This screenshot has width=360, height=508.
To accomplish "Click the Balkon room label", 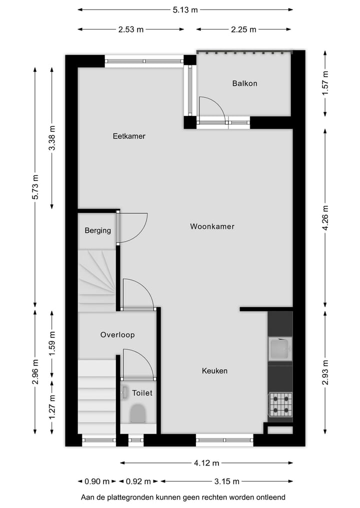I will click(x=244, y=83).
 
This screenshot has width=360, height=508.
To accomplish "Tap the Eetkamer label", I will click(x=129, y=136).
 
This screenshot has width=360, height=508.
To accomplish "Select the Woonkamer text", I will click(x=212, y=226).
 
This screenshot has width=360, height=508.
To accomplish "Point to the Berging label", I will click(x=97, y=231).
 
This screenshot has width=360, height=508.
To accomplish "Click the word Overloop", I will click(x=117, y=335).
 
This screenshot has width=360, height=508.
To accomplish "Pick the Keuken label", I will click(x=214, y=371).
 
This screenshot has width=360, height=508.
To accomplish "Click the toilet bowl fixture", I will click(x=137, y=414).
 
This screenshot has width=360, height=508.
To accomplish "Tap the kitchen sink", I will click(x=279, y=349).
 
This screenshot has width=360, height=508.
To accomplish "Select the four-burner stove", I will click(x=280, y=404).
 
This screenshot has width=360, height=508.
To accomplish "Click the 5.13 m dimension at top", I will click(x=185, y=9).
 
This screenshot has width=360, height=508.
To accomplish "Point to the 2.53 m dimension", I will click(x=131, y=29).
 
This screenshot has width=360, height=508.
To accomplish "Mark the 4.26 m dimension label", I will click(x=325, y=219).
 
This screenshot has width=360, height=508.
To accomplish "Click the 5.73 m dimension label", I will click(x=35, y=187).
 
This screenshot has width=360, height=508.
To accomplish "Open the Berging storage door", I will click(x=132, y=227).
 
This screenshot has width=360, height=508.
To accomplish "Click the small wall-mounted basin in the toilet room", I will click(x=124, y=393).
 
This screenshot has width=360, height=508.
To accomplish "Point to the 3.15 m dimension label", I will click(x=226, y=482).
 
